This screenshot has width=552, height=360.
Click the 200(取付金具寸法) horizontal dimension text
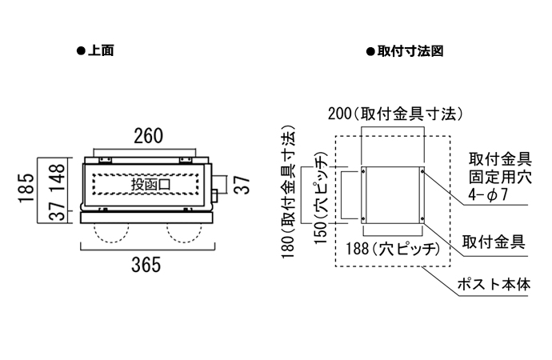click(x=396, y=114)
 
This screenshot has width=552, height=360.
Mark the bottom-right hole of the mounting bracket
click(x=418, y=220)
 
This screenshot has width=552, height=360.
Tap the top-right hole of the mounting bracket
click(x=418, y=170)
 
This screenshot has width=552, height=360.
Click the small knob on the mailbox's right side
click(x=215, y=196)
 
